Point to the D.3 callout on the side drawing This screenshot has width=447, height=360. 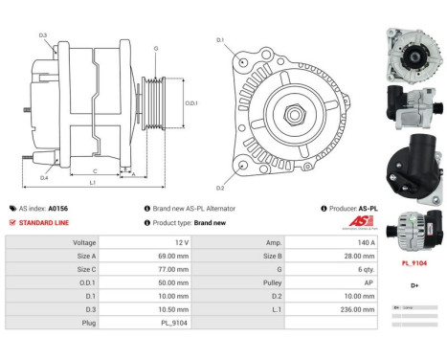pyautogui.click(x=43, y=34)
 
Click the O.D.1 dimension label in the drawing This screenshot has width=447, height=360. pyautogui.click(x=190, y=103)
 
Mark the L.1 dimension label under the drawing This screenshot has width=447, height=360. pyautogui.click(x=91, y=182)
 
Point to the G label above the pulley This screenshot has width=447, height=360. pyautogui.click(x=156, y=47)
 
